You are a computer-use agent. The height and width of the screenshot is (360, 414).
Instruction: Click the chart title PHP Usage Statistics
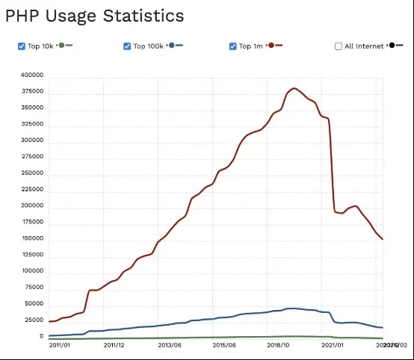point(94,15)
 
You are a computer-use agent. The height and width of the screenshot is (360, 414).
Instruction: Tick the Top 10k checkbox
point(22,46)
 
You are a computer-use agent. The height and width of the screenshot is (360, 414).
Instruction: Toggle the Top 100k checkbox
point(127,46)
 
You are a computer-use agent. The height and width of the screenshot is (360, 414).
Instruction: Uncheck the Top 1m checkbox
point(233,46)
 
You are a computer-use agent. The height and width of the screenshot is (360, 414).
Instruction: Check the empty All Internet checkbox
point(339,46)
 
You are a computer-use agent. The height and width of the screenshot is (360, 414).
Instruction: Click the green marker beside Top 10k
point(62,46)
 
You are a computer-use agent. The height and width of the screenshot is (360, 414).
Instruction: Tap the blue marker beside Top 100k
point(173,46)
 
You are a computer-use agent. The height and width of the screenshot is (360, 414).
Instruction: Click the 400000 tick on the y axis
point(32,75)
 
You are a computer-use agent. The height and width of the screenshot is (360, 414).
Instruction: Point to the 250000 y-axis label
point(32,173)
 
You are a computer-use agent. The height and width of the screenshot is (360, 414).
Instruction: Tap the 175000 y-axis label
point(32,222)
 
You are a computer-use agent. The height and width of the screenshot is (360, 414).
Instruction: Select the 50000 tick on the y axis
point(34,303)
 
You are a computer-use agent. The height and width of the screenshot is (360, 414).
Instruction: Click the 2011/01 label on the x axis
point(61,345)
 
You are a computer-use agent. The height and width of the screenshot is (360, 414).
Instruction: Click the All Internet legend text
point(364,46)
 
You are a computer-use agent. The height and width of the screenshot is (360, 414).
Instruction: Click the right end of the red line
point(383,239)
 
